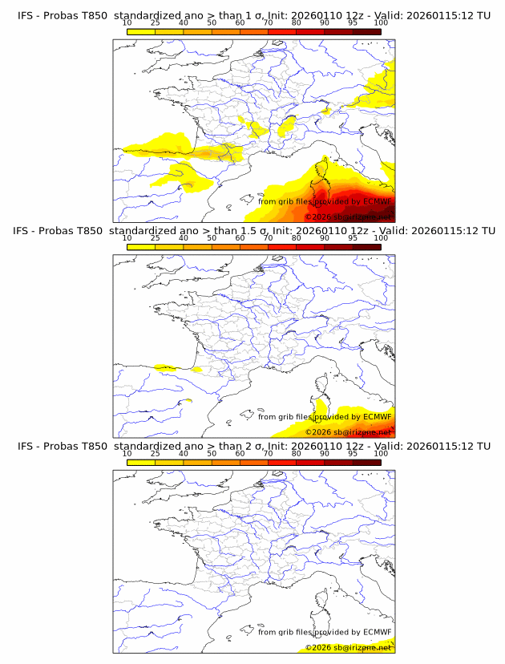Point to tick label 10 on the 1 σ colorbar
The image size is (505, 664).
pos(127,22)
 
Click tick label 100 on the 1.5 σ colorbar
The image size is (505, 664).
pos(381,238)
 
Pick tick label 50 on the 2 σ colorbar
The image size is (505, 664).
pos(212,453)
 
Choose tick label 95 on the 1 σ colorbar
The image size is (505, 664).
pos(353,22)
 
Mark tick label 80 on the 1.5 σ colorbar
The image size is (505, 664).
pos(297,238)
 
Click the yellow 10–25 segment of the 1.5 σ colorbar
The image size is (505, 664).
pos(141,246)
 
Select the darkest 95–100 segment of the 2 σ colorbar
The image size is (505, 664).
pos(366,461)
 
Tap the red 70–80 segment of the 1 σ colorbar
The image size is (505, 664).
pos(282,31)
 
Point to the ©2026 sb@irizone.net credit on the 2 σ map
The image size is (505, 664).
pos(348,647)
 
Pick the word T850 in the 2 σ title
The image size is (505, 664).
pos(91,445)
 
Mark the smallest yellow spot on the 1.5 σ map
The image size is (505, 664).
pos(188,400)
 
